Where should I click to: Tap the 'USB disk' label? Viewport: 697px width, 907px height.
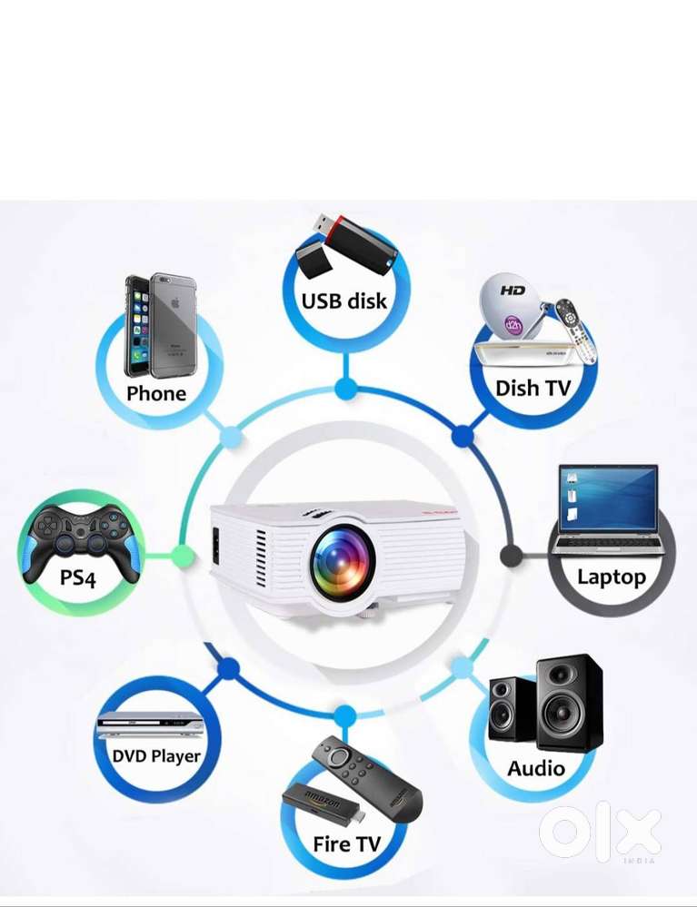point(344,301)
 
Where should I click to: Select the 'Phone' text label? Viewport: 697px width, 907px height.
point(156,393)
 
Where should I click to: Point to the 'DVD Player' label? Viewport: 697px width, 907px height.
point(156,755)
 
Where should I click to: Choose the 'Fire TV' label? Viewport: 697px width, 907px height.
point(346,843)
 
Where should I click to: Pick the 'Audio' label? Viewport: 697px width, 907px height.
point(536,768)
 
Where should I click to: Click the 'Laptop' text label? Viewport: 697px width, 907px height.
point(612,577)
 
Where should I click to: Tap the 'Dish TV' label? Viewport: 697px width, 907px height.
point(533,388)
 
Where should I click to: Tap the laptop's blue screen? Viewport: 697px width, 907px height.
point(609,498)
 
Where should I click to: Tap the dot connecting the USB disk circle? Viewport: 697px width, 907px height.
point(345,389)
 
